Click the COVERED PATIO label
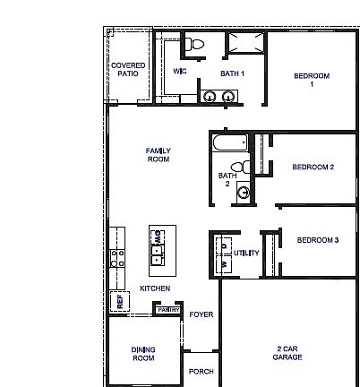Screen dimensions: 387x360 128,70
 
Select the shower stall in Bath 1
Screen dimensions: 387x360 244,45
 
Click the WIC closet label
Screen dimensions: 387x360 179,70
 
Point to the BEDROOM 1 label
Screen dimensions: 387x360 312,81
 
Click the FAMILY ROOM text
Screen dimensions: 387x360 159,155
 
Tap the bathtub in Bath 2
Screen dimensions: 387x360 231,142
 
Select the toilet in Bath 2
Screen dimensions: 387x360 237,166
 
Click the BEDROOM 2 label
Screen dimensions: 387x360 313,168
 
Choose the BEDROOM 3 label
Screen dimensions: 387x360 317,240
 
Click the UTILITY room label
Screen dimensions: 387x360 246,254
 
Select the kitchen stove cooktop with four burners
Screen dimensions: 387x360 116,259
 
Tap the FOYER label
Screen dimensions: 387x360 201,315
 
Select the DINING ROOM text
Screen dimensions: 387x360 143,354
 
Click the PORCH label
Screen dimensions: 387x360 201,370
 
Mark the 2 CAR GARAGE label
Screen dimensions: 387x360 287,352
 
